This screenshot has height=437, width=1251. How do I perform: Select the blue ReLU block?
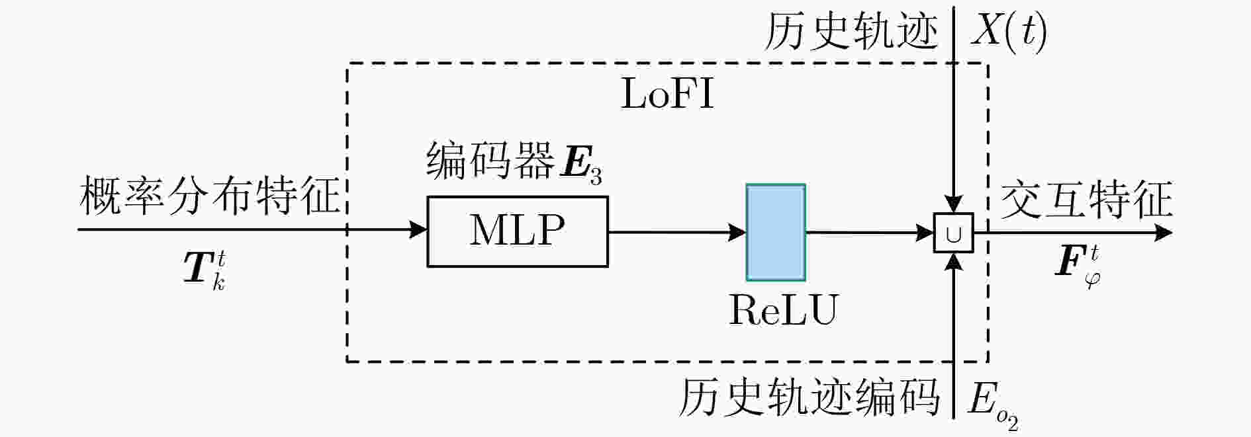click(776, 232)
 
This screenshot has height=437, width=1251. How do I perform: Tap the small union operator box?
click(954, 233)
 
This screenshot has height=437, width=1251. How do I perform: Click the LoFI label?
click(667, 94)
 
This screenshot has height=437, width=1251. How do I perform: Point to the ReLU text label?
click(783, 309)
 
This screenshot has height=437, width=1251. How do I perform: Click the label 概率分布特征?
click(210, 196)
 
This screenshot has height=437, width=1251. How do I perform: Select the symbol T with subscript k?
click(205, 270)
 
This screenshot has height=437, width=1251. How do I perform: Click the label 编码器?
click(490, 161)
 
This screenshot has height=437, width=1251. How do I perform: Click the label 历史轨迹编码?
click(810, 397)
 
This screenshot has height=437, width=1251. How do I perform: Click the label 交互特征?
click(1086, 200)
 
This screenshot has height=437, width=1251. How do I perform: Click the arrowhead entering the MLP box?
click(418, 230)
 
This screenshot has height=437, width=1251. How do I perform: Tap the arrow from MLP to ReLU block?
click(677, 232)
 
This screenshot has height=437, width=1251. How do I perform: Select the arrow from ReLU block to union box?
click(870, 233)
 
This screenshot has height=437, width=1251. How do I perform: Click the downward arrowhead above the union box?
click(954, 204)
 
